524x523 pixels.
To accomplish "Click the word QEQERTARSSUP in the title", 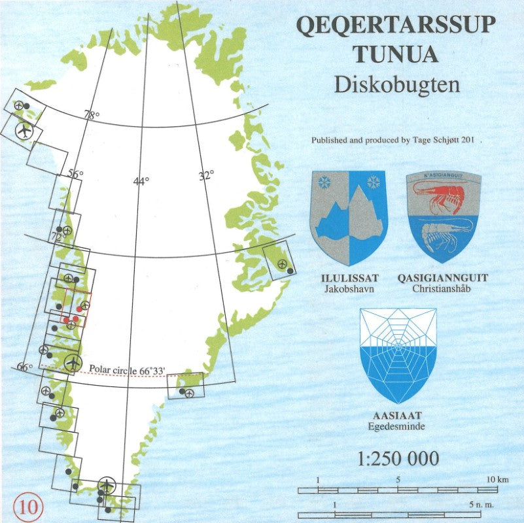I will tap(396, 25).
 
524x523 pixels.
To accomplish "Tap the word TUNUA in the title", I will tap(396, 54).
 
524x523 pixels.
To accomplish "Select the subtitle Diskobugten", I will tap(396, 84).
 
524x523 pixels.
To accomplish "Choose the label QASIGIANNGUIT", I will tap(443, 278).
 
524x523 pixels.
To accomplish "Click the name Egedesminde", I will tap(396, 426).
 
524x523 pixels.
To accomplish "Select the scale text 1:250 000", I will tap(398, 458).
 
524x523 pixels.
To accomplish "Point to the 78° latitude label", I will tap(92, 116).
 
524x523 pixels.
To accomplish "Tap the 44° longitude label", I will tap(141, 181).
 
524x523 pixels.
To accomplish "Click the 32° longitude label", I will tap(207, 175).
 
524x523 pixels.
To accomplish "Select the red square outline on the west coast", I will tap(76, 306).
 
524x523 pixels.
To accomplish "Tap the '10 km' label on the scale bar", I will tap(497, 481).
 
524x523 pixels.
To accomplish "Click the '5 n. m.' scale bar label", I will tap(480, 505).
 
